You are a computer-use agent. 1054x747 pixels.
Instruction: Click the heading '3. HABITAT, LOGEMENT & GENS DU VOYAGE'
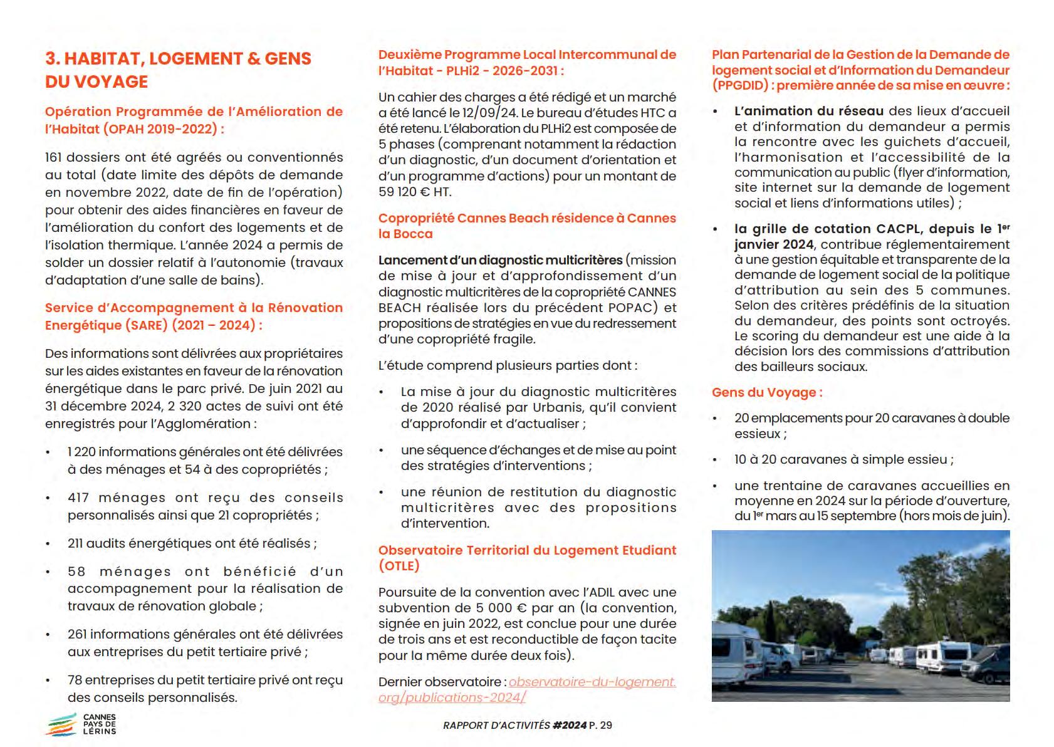[178, 70]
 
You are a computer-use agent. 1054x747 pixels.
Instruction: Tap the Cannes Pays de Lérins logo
[81, 724]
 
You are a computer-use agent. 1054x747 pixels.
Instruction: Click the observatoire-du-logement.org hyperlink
[527, 689]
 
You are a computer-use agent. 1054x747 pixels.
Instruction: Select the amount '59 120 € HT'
[414, 192]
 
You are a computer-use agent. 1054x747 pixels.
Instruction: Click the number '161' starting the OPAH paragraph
[53, 157]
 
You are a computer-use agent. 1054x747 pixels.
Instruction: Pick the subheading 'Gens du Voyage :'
[766, 393]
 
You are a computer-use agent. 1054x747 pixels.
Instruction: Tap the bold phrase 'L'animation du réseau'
[808, 111]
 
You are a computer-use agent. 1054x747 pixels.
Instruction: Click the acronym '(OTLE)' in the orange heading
[399, 566]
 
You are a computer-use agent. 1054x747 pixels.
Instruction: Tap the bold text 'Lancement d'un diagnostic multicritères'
[500, 260]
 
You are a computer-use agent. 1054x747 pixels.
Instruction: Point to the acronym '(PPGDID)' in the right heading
[741, 86]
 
